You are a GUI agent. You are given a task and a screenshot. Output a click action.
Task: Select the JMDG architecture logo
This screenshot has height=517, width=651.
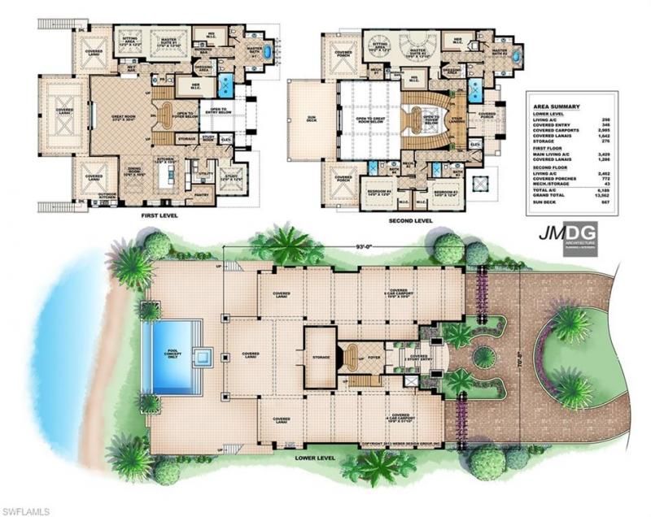(x=567, y=237)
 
